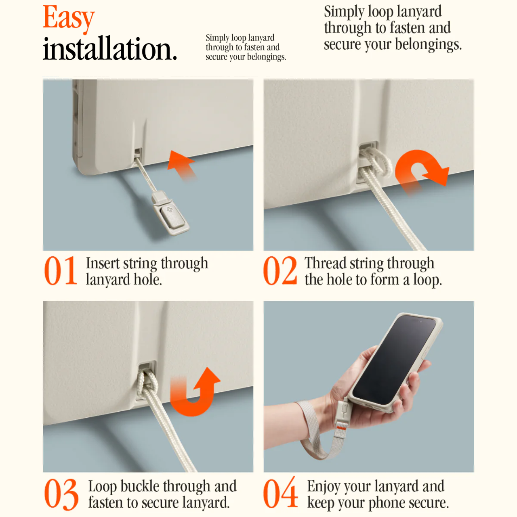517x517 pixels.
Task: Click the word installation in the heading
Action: pos(110,48)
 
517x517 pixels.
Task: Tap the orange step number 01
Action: pos(61,270)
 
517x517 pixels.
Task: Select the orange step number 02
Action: pos(280,270)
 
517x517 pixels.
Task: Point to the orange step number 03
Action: pos(61,494)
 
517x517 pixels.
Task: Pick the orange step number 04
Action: pos(281,493)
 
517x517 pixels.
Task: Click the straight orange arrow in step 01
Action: pos(181,166)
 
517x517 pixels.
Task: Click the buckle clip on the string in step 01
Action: pos(170,213)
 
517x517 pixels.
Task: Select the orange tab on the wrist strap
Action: pos(341,428)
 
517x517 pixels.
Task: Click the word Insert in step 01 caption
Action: pos(103,263)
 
